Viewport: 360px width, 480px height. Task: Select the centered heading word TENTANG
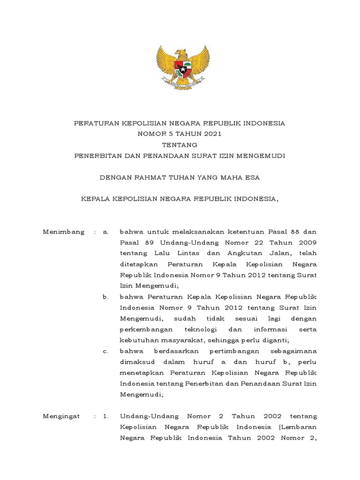(180, 145)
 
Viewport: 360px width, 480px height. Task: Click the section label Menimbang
(63, 232)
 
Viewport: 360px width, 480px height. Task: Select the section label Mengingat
(61, 416)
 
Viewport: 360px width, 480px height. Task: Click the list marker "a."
(105, 232)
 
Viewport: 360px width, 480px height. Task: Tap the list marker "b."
(105, 297)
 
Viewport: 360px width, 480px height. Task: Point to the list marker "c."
(105, 351)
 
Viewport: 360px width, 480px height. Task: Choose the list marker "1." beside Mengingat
(105, 416)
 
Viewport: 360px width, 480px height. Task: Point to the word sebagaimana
(294, 351)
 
